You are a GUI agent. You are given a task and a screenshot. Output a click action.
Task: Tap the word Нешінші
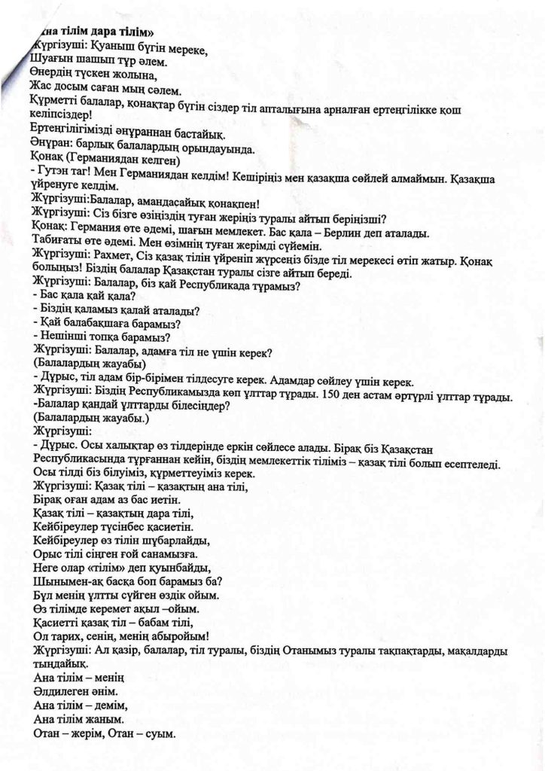coord(64,340)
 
